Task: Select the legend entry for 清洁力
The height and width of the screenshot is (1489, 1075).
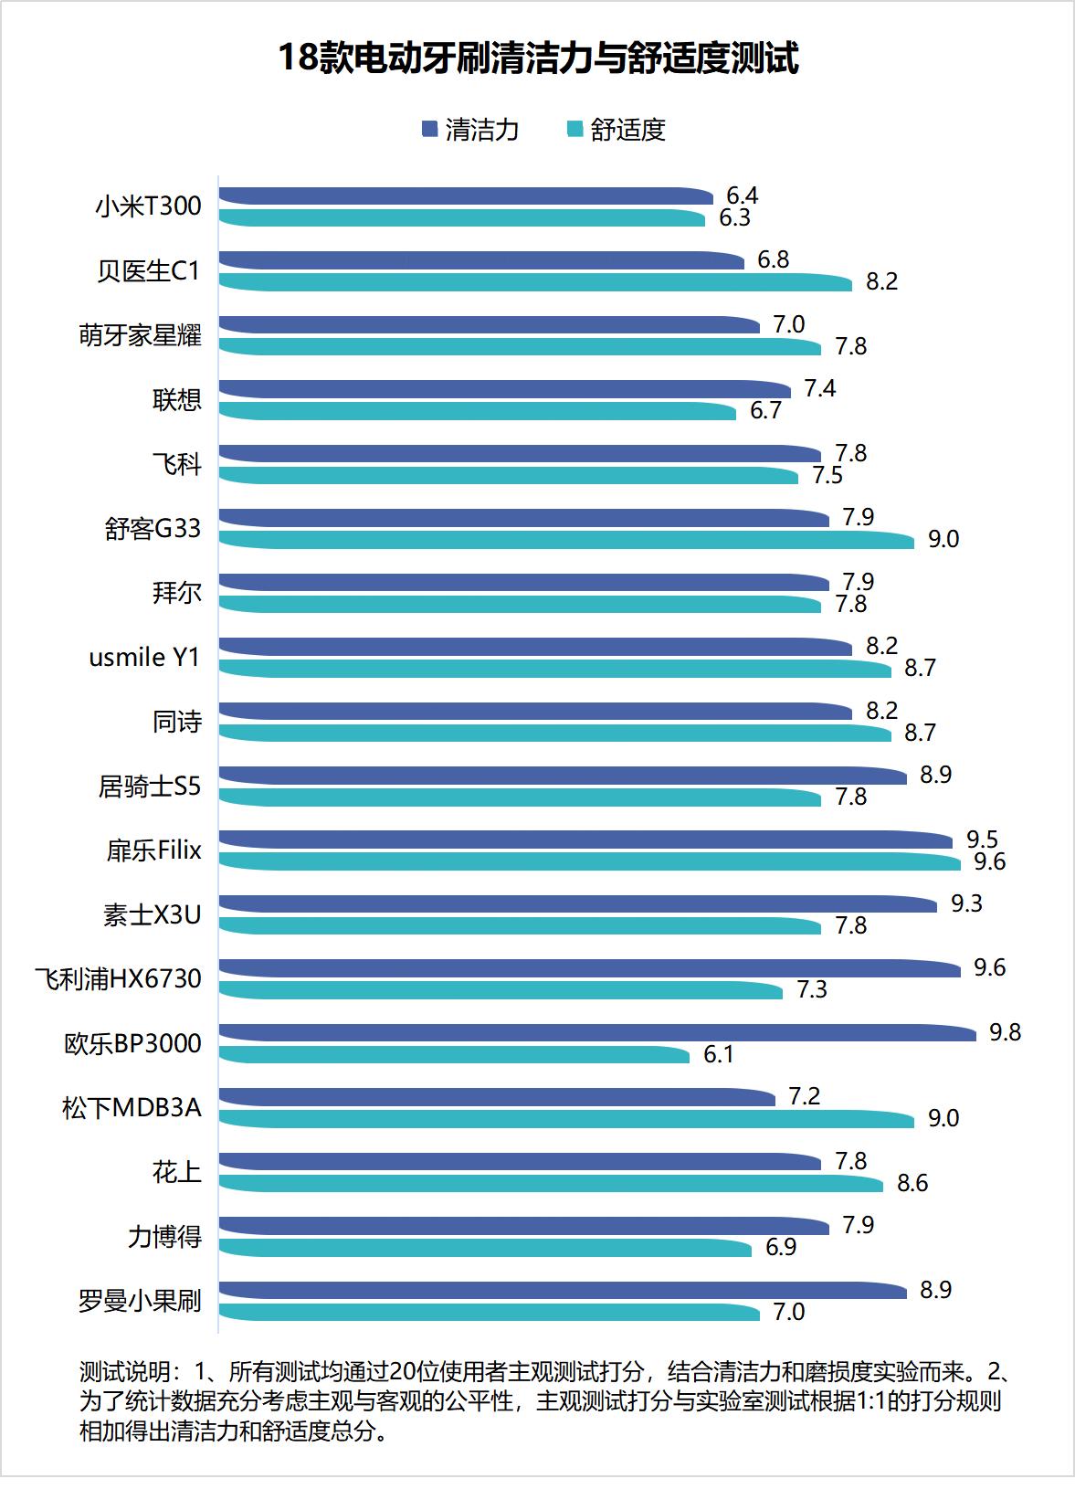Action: point(470,130)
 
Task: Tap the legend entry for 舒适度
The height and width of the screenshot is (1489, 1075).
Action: point(617,130)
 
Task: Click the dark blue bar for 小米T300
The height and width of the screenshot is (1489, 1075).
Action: point(466,195)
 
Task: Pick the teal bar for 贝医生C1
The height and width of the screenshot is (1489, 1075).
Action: point(534,282)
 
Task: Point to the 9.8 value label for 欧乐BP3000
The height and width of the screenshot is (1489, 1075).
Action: point(1005,1032)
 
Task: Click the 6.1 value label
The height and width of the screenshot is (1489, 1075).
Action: point(718,1055)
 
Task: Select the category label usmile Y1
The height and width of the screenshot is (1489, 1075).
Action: point(144,658)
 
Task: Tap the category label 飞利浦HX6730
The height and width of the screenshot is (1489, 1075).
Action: point(118,979)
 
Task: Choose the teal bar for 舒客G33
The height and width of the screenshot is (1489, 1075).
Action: point(566,540)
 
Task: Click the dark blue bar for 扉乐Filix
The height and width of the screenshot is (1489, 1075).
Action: point(585,840)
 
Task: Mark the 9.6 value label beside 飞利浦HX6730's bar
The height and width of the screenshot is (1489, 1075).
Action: point(989,968)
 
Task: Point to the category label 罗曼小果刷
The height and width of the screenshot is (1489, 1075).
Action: point(140,1301)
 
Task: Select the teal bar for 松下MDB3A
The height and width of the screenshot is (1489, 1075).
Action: point(566,1119)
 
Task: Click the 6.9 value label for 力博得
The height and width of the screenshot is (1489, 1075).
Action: point(781,1248)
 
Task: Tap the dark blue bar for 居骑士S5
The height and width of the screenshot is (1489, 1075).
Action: point(562,776)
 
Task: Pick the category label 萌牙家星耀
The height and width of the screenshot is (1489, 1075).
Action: point(140,336)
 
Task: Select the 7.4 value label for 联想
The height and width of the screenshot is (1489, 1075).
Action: point(819,389)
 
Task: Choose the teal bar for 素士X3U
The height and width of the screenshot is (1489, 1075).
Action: point(521,926)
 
